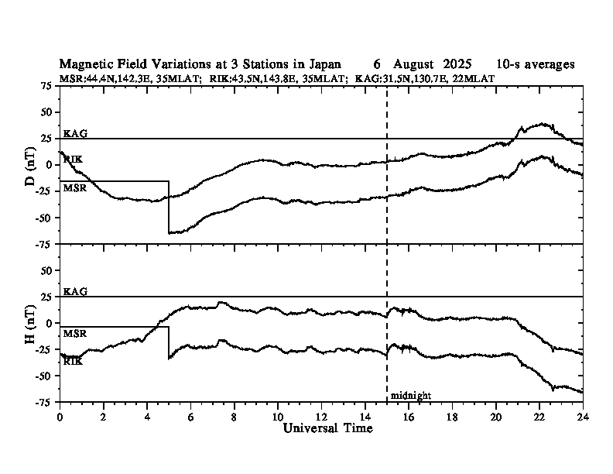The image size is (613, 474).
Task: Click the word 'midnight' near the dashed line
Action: [410, 395]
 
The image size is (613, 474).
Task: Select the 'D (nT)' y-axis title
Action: [31, 165]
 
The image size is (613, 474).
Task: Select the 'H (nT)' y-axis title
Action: [31, 323]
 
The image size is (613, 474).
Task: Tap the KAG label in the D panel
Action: [75, 133]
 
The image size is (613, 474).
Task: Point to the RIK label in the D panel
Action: [73, 159]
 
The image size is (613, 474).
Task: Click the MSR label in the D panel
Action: [75, 187]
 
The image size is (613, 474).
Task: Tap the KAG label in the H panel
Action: [75, 291]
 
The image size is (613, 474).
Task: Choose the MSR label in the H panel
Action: [75, 333]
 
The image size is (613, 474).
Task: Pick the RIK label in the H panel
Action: [73, 361]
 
